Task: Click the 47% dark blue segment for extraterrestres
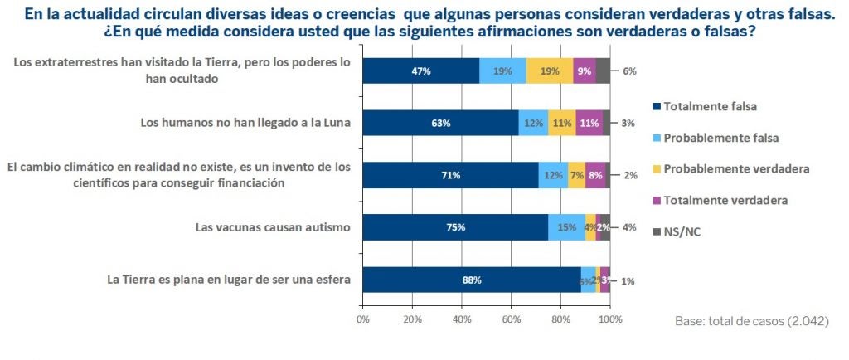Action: tap(421, 71)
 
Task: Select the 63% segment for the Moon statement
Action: tap(440, 124)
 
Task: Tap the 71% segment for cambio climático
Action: tap(450, 175)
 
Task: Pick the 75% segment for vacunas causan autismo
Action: tap(455, 227)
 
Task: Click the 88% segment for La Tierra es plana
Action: tap(471, 280)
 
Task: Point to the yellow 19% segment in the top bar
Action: tap(549, 71)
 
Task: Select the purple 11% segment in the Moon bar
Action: tap(589, 124)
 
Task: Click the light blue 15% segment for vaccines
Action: tap(566, 227)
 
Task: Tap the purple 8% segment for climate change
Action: tap(595, 175)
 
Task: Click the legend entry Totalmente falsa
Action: tap(711, 106)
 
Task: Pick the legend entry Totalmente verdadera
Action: tap(718, 200)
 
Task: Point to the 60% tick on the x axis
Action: tap(511, 319)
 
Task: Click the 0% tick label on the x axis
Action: tap(362, 319)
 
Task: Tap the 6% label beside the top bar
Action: tap(629, 71)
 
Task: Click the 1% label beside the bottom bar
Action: tap(628, 280)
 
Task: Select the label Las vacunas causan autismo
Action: tap(273, 226)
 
